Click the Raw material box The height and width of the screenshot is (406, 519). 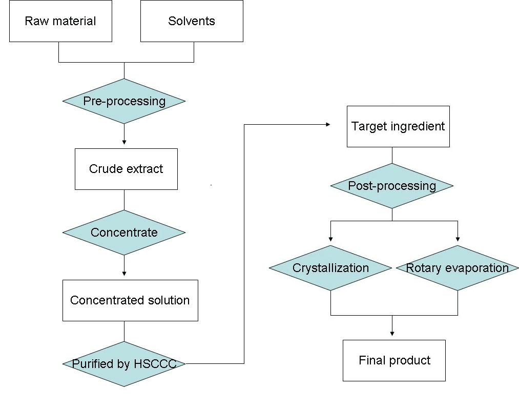(x=60, y=21)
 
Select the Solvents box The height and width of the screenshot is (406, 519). (x=192, y=21)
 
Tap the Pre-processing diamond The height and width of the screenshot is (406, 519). (x=124, y=101)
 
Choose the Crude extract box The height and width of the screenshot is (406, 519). (x=126, y=169)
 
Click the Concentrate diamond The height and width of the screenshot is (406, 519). (x=124, y=233)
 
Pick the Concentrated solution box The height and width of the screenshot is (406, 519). (x=130, y=300)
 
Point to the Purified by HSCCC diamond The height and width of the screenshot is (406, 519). (x=124, y=364)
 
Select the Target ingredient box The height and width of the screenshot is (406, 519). (x=398, y=126)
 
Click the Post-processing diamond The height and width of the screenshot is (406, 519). (x=392, y=186)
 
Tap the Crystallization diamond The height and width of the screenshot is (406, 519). (x=330, y=268)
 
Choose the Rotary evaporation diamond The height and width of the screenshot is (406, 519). (x=458, y=268)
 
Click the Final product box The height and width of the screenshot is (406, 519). (x=394, y=360)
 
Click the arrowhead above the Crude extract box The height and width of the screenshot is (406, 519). (x=124, y=142)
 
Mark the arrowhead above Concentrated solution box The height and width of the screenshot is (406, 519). (x=124, y=274)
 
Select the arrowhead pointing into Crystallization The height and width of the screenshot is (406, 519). (x=330, y=239)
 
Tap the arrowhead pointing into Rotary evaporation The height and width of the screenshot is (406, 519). (x=458, y=239)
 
